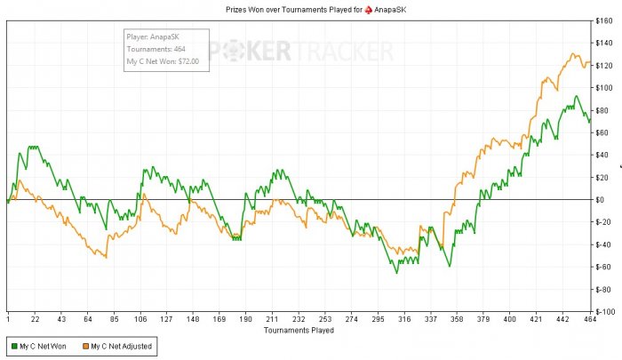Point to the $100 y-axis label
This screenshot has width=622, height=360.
pos(605,87)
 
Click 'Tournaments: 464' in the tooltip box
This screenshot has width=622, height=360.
pos(155,49)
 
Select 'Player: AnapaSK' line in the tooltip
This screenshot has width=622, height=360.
pos(153,37)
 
